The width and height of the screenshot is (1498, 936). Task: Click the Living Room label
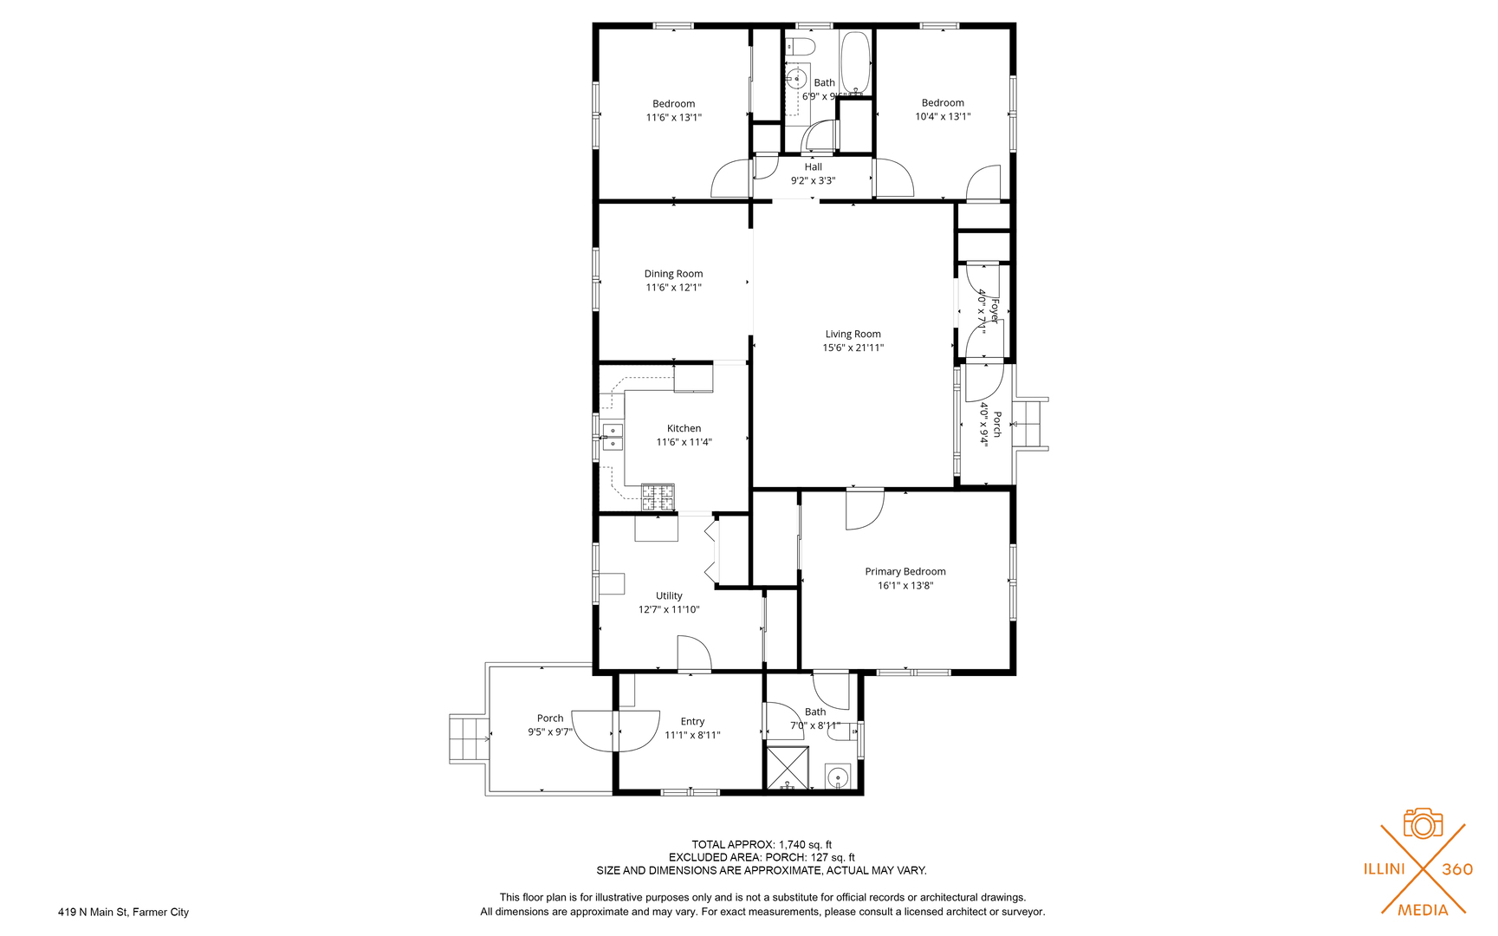[x=853, y=334]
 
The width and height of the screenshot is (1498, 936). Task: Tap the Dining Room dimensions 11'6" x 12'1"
[x=673, y=288]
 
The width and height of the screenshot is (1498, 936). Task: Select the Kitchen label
[x=684, y=428]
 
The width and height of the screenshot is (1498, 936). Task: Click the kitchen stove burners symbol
[x=658, y=497]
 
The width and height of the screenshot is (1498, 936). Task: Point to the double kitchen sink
[x=613, y=437]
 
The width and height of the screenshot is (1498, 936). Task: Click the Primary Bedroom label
[x=905, y=571]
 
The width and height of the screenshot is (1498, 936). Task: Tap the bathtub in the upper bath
[x=855, y=63]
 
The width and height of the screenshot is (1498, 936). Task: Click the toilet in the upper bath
[x=801, y=45]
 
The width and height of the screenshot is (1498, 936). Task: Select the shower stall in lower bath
[x=788, y=767]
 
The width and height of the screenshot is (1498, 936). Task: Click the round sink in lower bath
[x=837, y=777]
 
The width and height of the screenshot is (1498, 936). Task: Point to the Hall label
[x=813, y=167]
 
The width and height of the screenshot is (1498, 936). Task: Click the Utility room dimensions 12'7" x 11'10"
[x=669, y=609]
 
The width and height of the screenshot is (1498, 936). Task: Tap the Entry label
[x=692, y=721]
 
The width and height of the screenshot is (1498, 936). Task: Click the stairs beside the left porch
[x=469, y=739]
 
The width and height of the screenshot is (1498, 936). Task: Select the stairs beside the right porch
[x=1030, y=425]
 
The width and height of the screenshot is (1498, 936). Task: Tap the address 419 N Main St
[x=123, y=912]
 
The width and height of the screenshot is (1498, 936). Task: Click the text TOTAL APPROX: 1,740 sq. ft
[x=761, y=844]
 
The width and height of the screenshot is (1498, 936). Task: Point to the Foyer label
[x=995, y=310]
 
